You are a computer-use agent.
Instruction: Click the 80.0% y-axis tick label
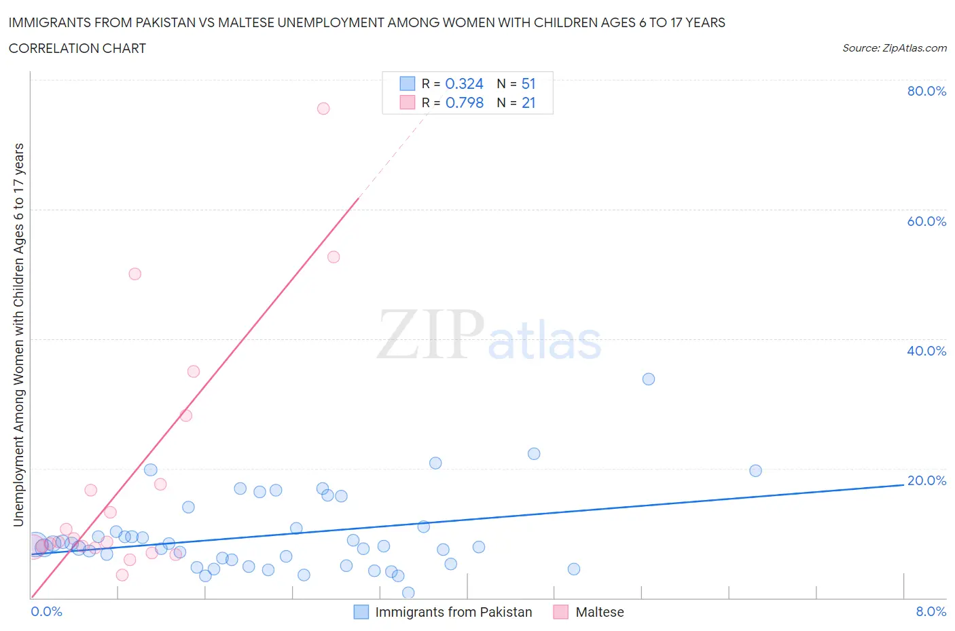[x=926, y=91]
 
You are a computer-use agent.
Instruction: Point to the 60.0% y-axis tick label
[x=926, y=221]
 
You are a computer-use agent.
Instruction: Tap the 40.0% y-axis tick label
[x=926, y=351]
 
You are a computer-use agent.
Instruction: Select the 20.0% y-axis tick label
[x=926, y=480]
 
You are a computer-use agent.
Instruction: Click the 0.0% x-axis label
[x=46, y=611]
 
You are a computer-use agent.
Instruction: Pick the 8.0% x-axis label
[x=931, y=611]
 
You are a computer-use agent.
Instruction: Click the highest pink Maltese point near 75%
[x=323, y=109]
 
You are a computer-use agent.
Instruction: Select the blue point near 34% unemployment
[x=649, y=379]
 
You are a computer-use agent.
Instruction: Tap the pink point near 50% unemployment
[x=135, y=274]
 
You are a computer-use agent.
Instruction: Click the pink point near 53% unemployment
[x=334, y=257]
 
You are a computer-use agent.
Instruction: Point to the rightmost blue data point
[x=755, y=471]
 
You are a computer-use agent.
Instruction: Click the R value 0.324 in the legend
[x=464, y=84]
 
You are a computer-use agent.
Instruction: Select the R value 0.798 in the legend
[x=464, y=103]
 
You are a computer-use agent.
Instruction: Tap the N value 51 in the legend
[x=528, y=84]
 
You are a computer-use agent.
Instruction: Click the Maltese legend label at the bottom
[x=599, y=612]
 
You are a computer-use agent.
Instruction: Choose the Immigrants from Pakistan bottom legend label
[x=453, y=612]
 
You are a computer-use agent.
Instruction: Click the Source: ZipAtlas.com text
[x=894, y=48]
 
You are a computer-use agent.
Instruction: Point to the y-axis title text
[x=18, y=334]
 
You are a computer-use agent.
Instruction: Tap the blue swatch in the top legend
[x=407, y=84]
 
